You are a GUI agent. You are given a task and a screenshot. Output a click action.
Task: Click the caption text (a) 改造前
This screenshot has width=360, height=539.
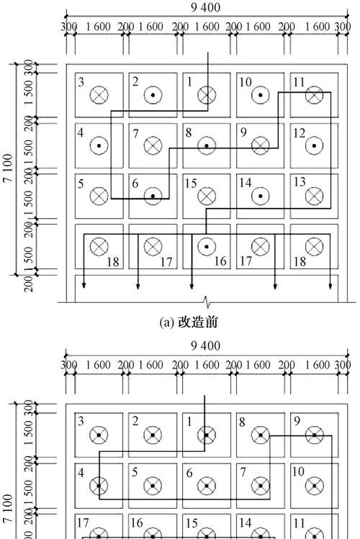(189, 322)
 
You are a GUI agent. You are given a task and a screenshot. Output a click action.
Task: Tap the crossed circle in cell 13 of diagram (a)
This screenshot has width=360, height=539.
(314, 196)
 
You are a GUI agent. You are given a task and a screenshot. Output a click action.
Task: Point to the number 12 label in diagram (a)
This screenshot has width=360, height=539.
(299, 133)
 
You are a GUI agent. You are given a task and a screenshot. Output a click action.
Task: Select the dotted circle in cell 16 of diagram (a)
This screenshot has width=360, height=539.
(207, 246)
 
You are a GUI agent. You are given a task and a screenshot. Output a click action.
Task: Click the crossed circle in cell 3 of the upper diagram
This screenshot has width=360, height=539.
(99, 95)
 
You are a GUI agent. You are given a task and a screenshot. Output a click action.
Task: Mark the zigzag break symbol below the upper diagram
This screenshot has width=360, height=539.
(207, 302)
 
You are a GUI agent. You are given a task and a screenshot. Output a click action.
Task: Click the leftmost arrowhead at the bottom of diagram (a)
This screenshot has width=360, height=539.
(84, 285)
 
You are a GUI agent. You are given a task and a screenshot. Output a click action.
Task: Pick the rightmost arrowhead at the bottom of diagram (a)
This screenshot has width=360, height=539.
(330, 285)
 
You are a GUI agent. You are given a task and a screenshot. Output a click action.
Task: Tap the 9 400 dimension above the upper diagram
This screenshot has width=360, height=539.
(206, 7)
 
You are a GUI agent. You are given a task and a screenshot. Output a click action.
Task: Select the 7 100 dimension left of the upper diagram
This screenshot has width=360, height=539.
(8, 168)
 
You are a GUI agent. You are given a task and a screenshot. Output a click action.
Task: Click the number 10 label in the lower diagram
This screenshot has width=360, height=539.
(298, 471)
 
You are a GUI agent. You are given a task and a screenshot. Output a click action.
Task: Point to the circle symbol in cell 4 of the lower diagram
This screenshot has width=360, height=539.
(99, 486)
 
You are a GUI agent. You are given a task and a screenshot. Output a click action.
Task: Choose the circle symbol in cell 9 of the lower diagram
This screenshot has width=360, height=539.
(314, 435)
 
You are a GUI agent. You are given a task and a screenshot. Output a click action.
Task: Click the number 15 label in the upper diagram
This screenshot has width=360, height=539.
(191, 184)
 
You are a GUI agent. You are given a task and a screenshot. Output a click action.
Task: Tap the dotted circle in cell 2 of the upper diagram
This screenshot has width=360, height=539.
(153, 95)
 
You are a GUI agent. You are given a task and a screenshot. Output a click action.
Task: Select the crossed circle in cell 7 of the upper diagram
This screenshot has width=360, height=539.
(153, 146)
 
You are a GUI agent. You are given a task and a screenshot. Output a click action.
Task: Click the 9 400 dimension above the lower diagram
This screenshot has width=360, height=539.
(206, 345)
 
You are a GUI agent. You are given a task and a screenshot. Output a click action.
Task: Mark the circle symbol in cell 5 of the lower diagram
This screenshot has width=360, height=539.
(153, 486)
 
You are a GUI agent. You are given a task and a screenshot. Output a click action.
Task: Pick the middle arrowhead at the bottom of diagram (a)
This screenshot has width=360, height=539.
(192, 285)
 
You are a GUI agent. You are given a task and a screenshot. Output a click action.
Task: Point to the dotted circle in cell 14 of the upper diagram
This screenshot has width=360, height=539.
(261, 196)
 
